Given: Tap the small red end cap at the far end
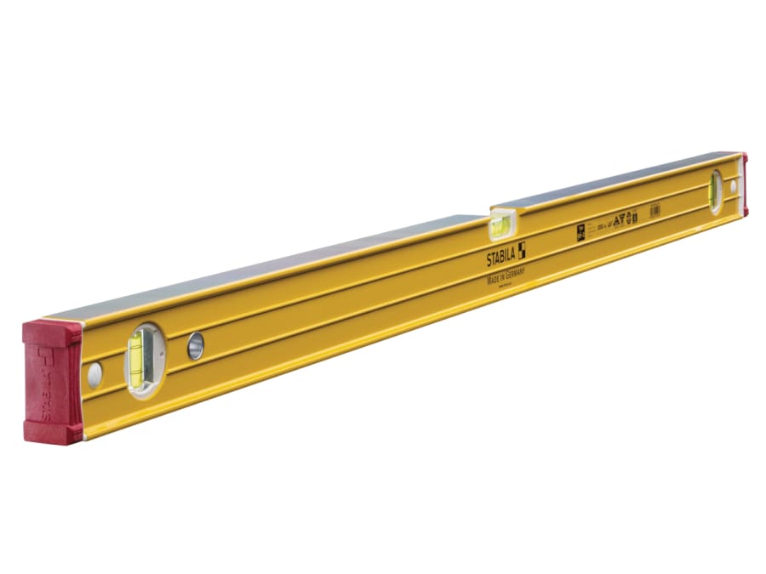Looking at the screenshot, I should (745, 184).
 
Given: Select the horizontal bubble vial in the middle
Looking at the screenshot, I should (500, 226).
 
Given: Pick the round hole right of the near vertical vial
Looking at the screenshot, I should (196, 344).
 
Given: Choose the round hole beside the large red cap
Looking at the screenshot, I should (94, 372).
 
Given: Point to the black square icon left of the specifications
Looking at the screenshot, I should (582, 228).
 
